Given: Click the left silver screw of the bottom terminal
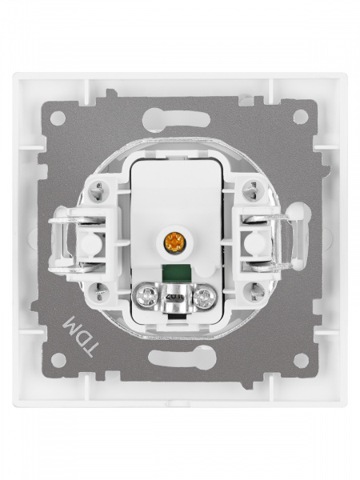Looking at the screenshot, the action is click(x=146, y=297).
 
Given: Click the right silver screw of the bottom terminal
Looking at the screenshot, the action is click(x=204, y=297).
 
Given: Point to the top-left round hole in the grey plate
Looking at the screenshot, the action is click(x=58, y=118).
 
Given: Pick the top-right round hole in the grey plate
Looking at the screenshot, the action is click(x=301, y=117).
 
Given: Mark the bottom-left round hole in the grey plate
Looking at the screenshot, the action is click(x=58, y=360).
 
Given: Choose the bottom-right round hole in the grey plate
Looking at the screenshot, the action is click(x=302, y=361).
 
